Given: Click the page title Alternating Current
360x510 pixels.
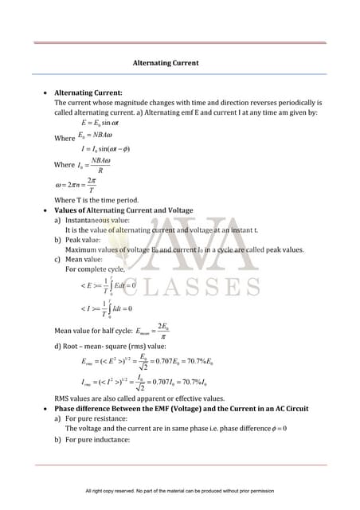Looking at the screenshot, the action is click(x=166, y=63).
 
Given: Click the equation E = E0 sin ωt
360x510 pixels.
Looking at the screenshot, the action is click(x=100, y=124).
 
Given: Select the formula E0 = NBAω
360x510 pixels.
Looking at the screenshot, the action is click(x=96, y=136).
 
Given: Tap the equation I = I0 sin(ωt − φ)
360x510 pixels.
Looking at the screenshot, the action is click(x=106, y=149).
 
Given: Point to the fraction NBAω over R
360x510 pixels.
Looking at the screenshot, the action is click(x=100, y=164).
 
